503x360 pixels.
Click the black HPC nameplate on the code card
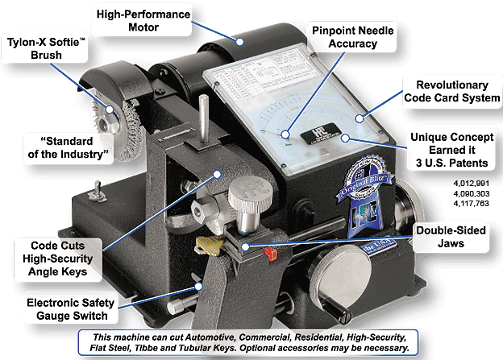point(306,130)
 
